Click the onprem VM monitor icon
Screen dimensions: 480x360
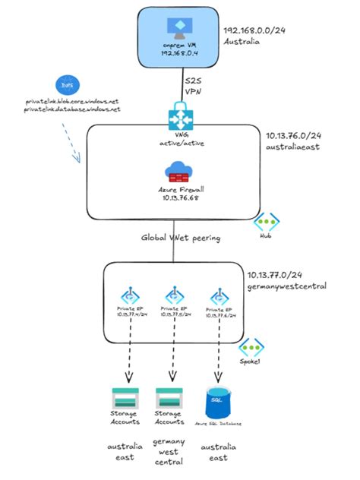coord(180,28)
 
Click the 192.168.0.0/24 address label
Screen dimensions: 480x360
coord(253,31)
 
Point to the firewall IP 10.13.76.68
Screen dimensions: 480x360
coord(180,197)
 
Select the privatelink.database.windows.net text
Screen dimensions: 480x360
coord(73,110)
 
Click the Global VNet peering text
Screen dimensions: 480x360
coord(181,237)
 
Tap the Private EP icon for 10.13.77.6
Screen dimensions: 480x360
coord(219,297)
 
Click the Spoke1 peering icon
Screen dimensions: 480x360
coord(251,348)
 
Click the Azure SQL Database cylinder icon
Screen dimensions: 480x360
coord(218,399)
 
